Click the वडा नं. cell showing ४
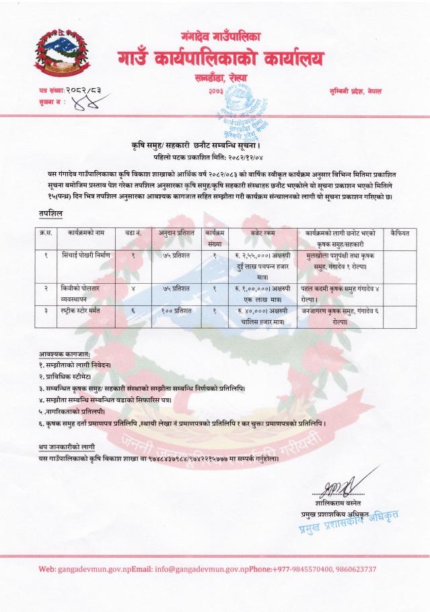coord(133,288)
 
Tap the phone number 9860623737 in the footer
coord(352,569)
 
